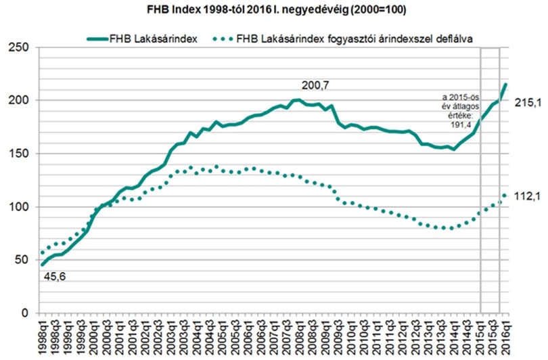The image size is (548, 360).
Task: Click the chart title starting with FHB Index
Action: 276,9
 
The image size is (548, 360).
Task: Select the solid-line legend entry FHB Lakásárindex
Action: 143,39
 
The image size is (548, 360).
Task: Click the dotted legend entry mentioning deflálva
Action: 343,39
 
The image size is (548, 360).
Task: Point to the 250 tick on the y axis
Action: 18,47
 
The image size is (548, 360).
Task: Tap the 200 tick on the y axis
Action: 18,100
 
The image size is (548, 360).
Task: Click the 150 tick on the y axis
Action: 18,154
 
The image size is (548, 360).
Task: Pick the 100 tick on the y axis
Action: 18,206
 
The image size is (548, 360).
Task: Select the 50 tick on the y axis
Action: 22,260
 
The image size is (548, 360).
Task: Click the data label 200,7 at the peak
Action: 315,85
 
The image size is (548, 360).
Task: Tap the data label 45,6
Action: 55,277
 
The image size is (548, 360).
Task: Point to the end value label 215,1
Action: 528,103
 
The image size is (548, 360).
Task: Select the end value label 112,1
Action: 528,197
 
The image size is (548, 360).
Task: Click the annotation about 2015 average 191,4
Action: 460,111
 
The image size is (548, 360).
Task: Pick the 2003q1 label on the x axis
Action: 170,337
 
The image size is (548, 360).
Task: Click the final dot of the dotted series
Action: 505,196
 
